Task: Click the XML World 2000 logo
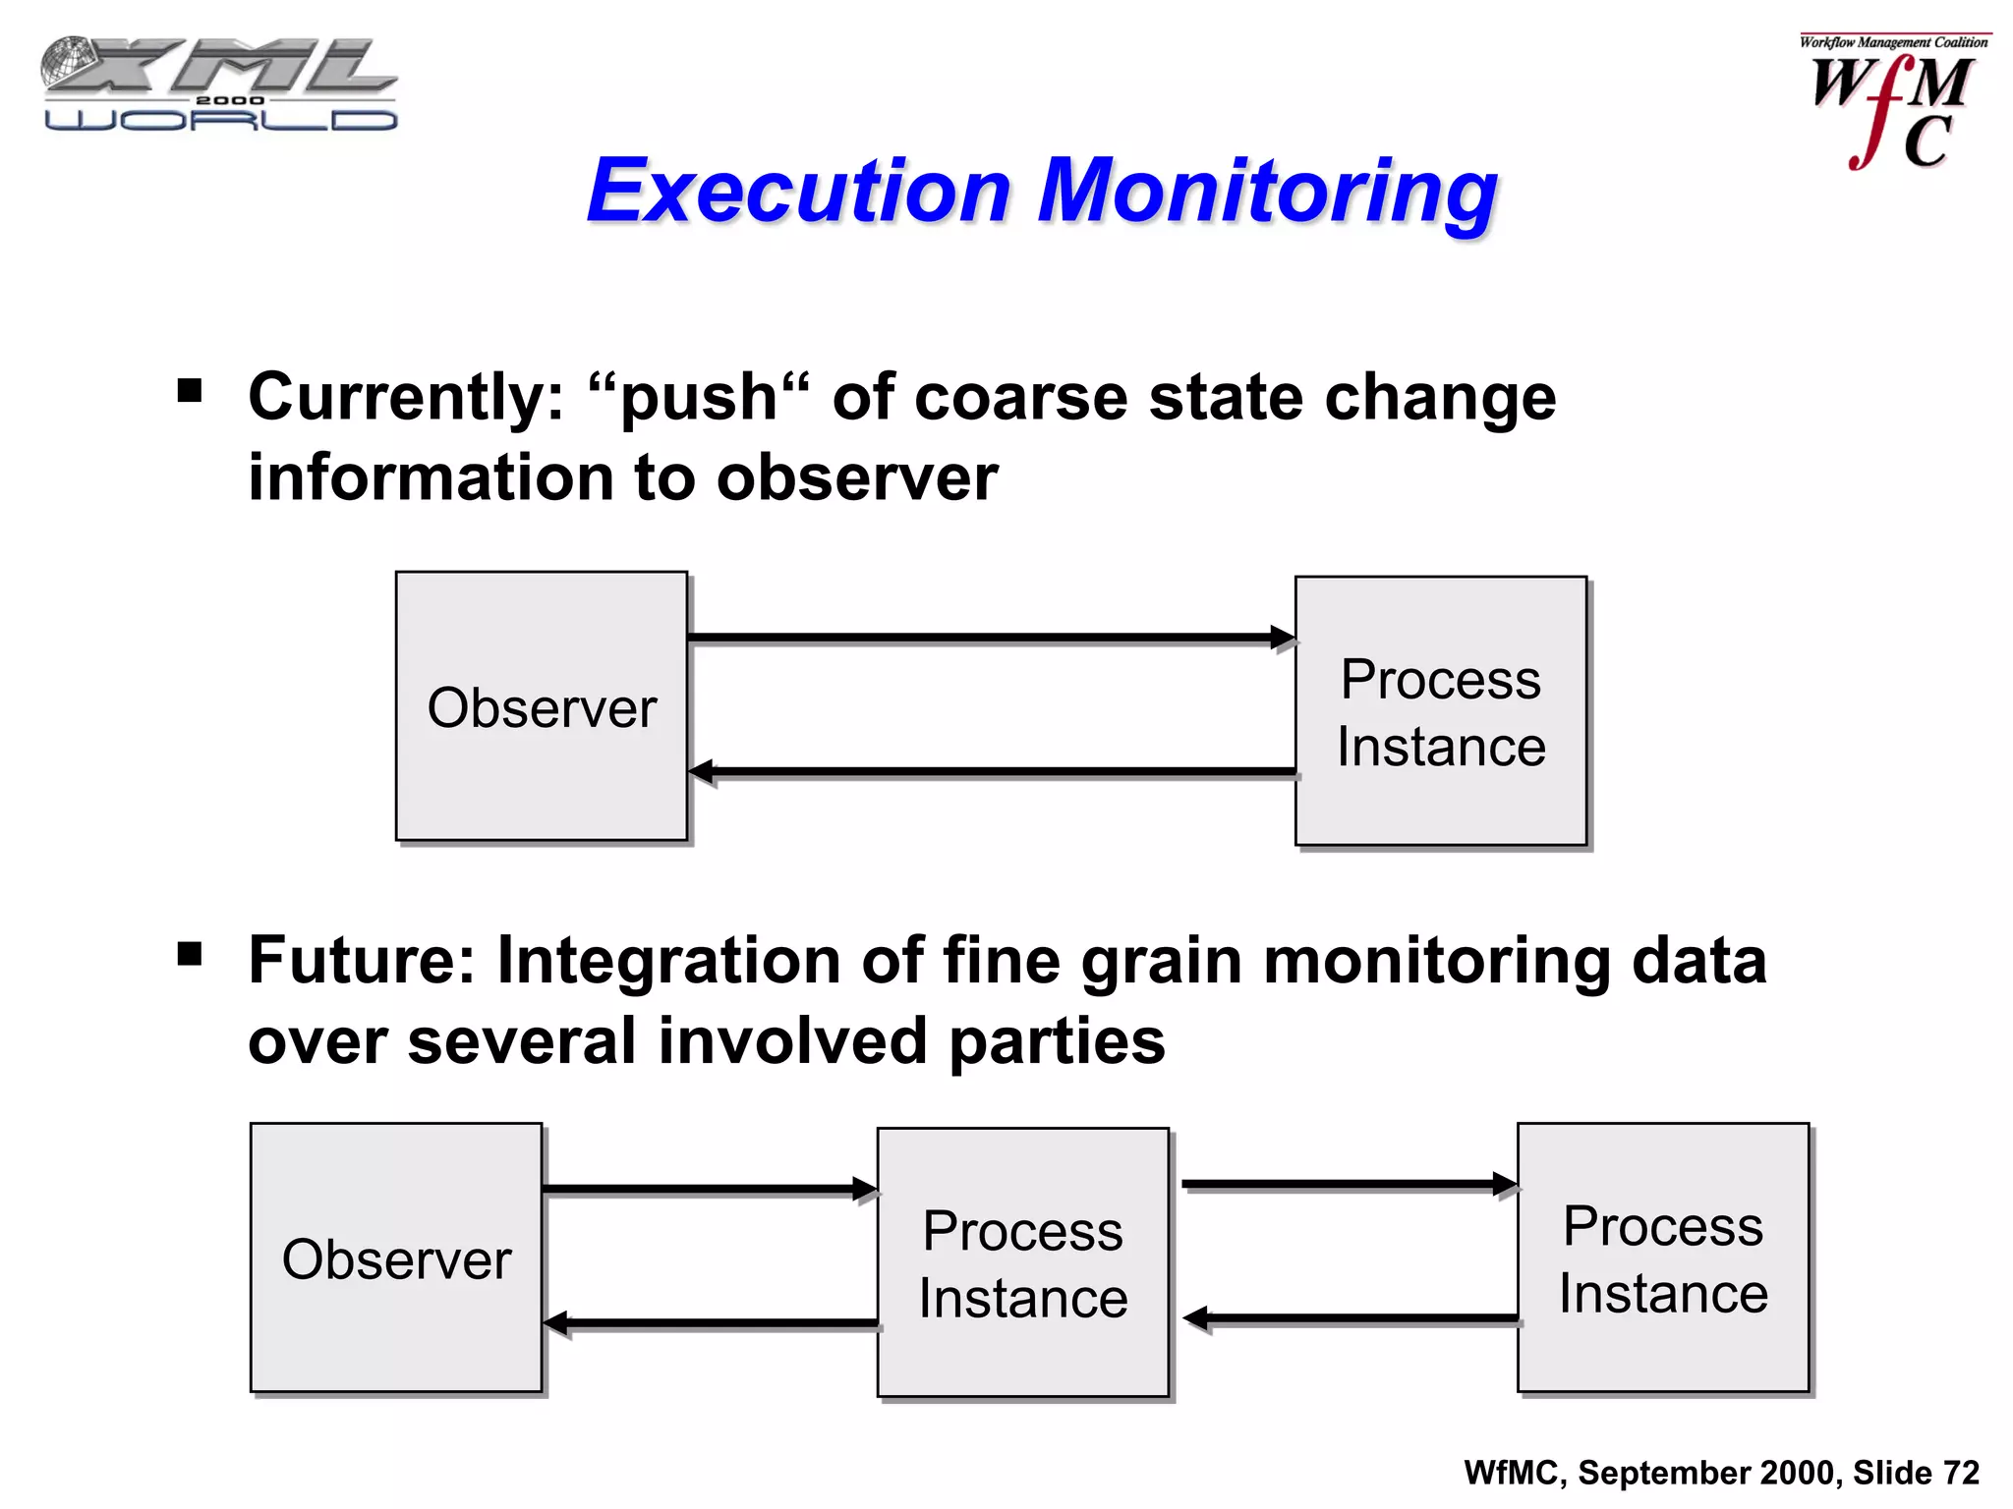pos(218,84)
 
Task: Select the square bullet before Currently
pos(190,392)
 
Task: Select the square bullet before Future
pos(190,954)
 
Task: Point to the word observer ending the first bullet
pos(856,478)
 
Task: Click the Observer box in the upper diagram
pos(542,706)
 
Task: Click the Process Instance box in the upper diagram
pos(1441,711)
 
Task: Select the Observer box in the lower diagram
pos(396,1257)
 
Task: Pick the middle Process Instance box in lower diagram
pos(1022,1262)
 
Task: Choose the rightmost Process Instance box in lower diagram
pos(1663,1257)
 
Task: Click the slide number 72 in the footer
pos(1960,1473)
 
